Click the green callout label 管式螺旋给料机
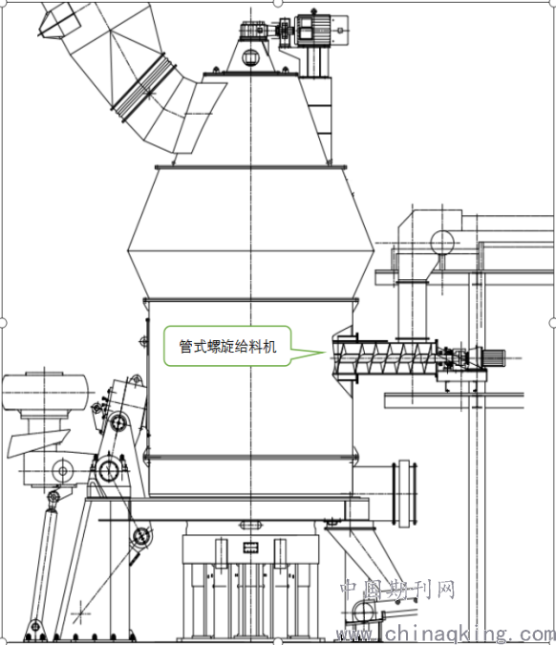point(227,346)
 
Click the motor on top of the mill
point(313,30)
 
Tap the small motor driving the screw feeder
point(493,356)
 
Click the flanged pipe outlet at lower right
point(405,493)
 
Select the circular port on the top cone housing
point(249,57)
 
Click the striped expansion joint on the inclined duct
point(142,88)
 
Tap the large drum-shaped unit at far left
point(45,392)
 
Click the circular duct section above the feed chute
point(442,243)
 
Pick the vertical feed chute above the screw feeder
point(412,310)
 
